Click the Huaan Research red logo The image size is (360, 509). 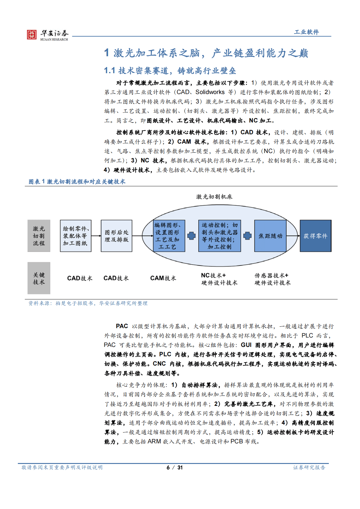(x=31, y=34)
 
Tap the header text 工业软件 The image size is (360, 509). (x=306, y=32)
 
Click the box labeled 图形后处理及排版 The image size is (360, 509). (x=116, y=236)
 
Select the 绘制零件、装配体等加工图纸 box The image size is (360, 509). (x=75, y=236)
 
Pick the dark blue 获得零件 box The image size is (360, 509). (x=315, y=236)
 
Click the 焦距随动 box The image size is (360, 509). (x=270, y=236)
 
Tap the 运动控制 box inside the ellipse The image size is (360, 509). (x=219, y=236)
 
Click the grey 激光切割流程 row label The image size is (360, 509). (x=39, y=236)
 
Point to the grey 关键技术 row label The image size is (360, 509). (x=39, y=278)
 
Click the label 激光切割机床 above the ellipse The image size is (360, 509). (x=214, y=197)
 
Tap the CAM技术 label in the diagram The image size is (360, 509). (x=163, y=278)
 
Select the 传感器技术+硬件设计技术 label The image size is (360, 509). (x=272, y=279)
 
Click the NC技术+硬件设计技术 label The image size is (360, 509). (x=219, y=279)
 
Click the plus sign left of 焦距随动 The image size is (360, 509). (x=247, y=236)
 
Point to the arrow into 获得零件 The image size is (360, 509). (x=293, y=236)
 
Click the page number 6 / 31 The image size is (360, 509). (x=175, y=468)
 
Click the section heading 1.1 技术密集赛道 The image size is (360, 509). (x=170, y=71)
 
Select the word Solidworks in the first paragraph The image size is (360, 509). (x=210, y=92)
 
